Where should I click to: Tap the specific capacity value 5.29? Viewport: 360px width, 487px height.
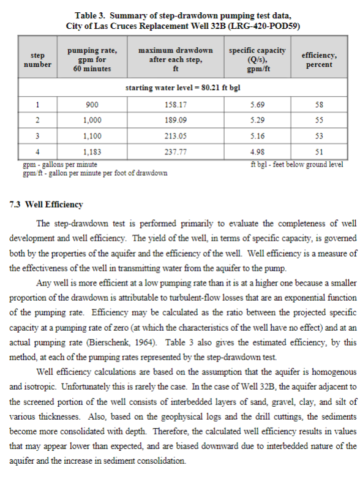(x=258, y=120)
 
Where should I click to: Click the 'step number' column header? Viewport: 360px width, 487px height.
(x=38, y=59)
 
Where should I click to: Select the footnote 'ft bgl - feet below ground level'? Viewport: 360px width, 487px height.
(x=297, y=164)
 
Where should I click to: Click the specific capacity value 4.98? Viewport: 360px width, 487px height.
(x=258, y=151)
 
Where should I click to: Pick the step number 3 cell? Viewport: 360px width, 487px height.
(x=38, y=135)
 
